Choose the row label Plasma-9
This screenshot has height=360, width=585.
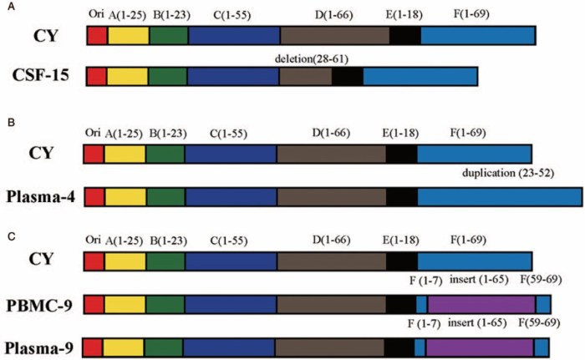point(41,346)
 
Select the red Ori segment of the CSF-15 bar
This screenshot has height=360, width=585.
point(97,76)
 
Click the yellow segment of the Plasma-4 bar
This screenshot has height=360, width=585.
point(125,196)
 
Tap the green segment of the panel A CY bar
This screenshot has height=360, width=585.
point(169,35)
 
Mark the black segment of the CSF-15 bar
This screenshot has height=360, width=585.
point(347,76)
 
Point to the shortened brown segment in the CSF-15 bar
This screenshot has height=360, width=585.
point(305,76)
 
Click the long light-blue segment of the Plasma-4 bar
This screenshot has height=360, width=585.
point(499,196)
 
